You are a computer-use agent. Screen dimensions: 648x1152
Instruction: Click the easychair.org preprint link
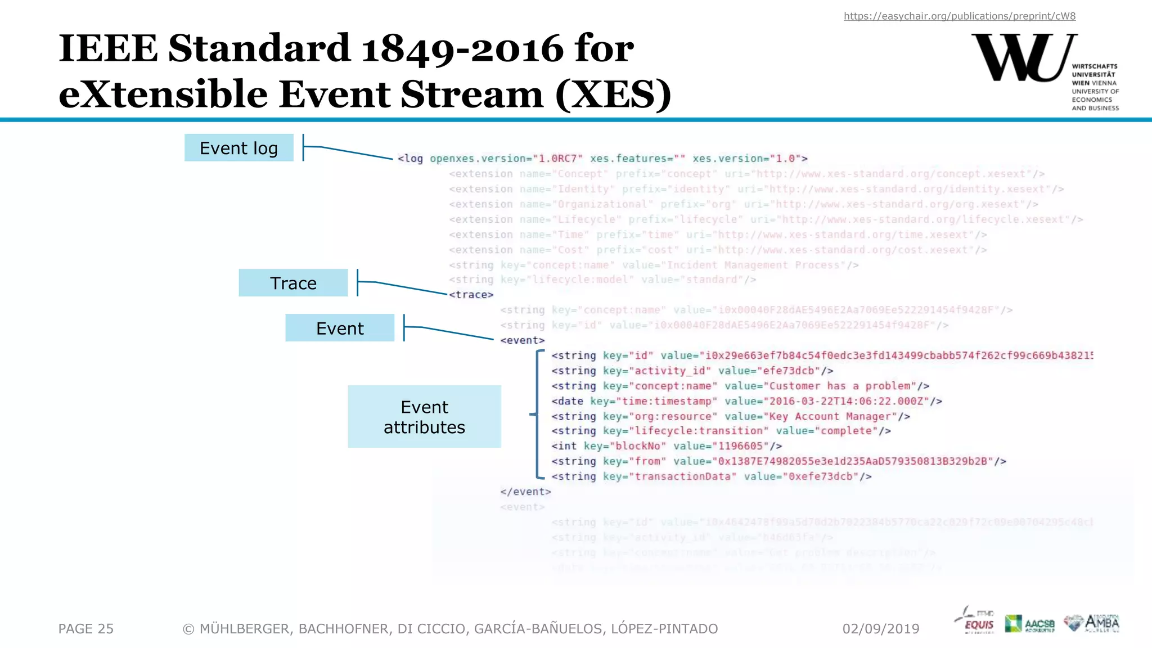coord(959,16)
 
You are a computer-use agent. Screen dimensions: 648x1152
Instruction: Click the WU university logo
coord(1024,58)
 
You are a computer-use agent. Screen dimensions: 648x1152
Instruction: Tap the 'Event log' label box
coord(238,148)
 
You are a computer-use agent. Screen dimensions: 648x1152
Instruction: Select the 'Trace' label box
coord(293,283)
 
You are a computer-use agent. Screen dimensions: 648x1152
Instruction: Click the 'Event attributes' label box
coord(424,417)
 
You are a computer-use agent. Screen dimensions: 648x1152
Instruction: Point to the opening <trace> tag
coord(471,295)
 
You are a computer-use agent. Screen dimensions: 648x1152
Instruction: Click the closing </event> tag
coord(525,492)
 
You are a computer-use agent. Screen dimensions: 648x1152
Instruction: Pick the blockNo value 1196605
coord(740,446)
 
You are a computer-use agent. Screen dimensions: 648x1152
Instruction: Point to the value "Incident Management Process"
coord(753,265)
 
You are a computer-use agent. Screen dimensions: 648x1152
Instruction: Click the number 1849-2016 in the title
coord(462,48)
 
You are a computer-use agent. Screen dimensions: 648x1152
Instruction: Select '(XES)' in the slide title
coord(613,94)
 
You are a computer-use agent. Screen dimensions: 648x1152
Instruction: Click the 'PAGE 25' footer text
coord(86,628)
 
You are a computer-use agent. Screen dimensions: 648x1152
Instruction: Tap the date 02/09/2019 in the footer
coord(880,628)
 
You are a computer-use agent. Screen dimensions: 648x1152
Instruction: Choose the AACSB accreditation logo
coord(1030,623)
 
